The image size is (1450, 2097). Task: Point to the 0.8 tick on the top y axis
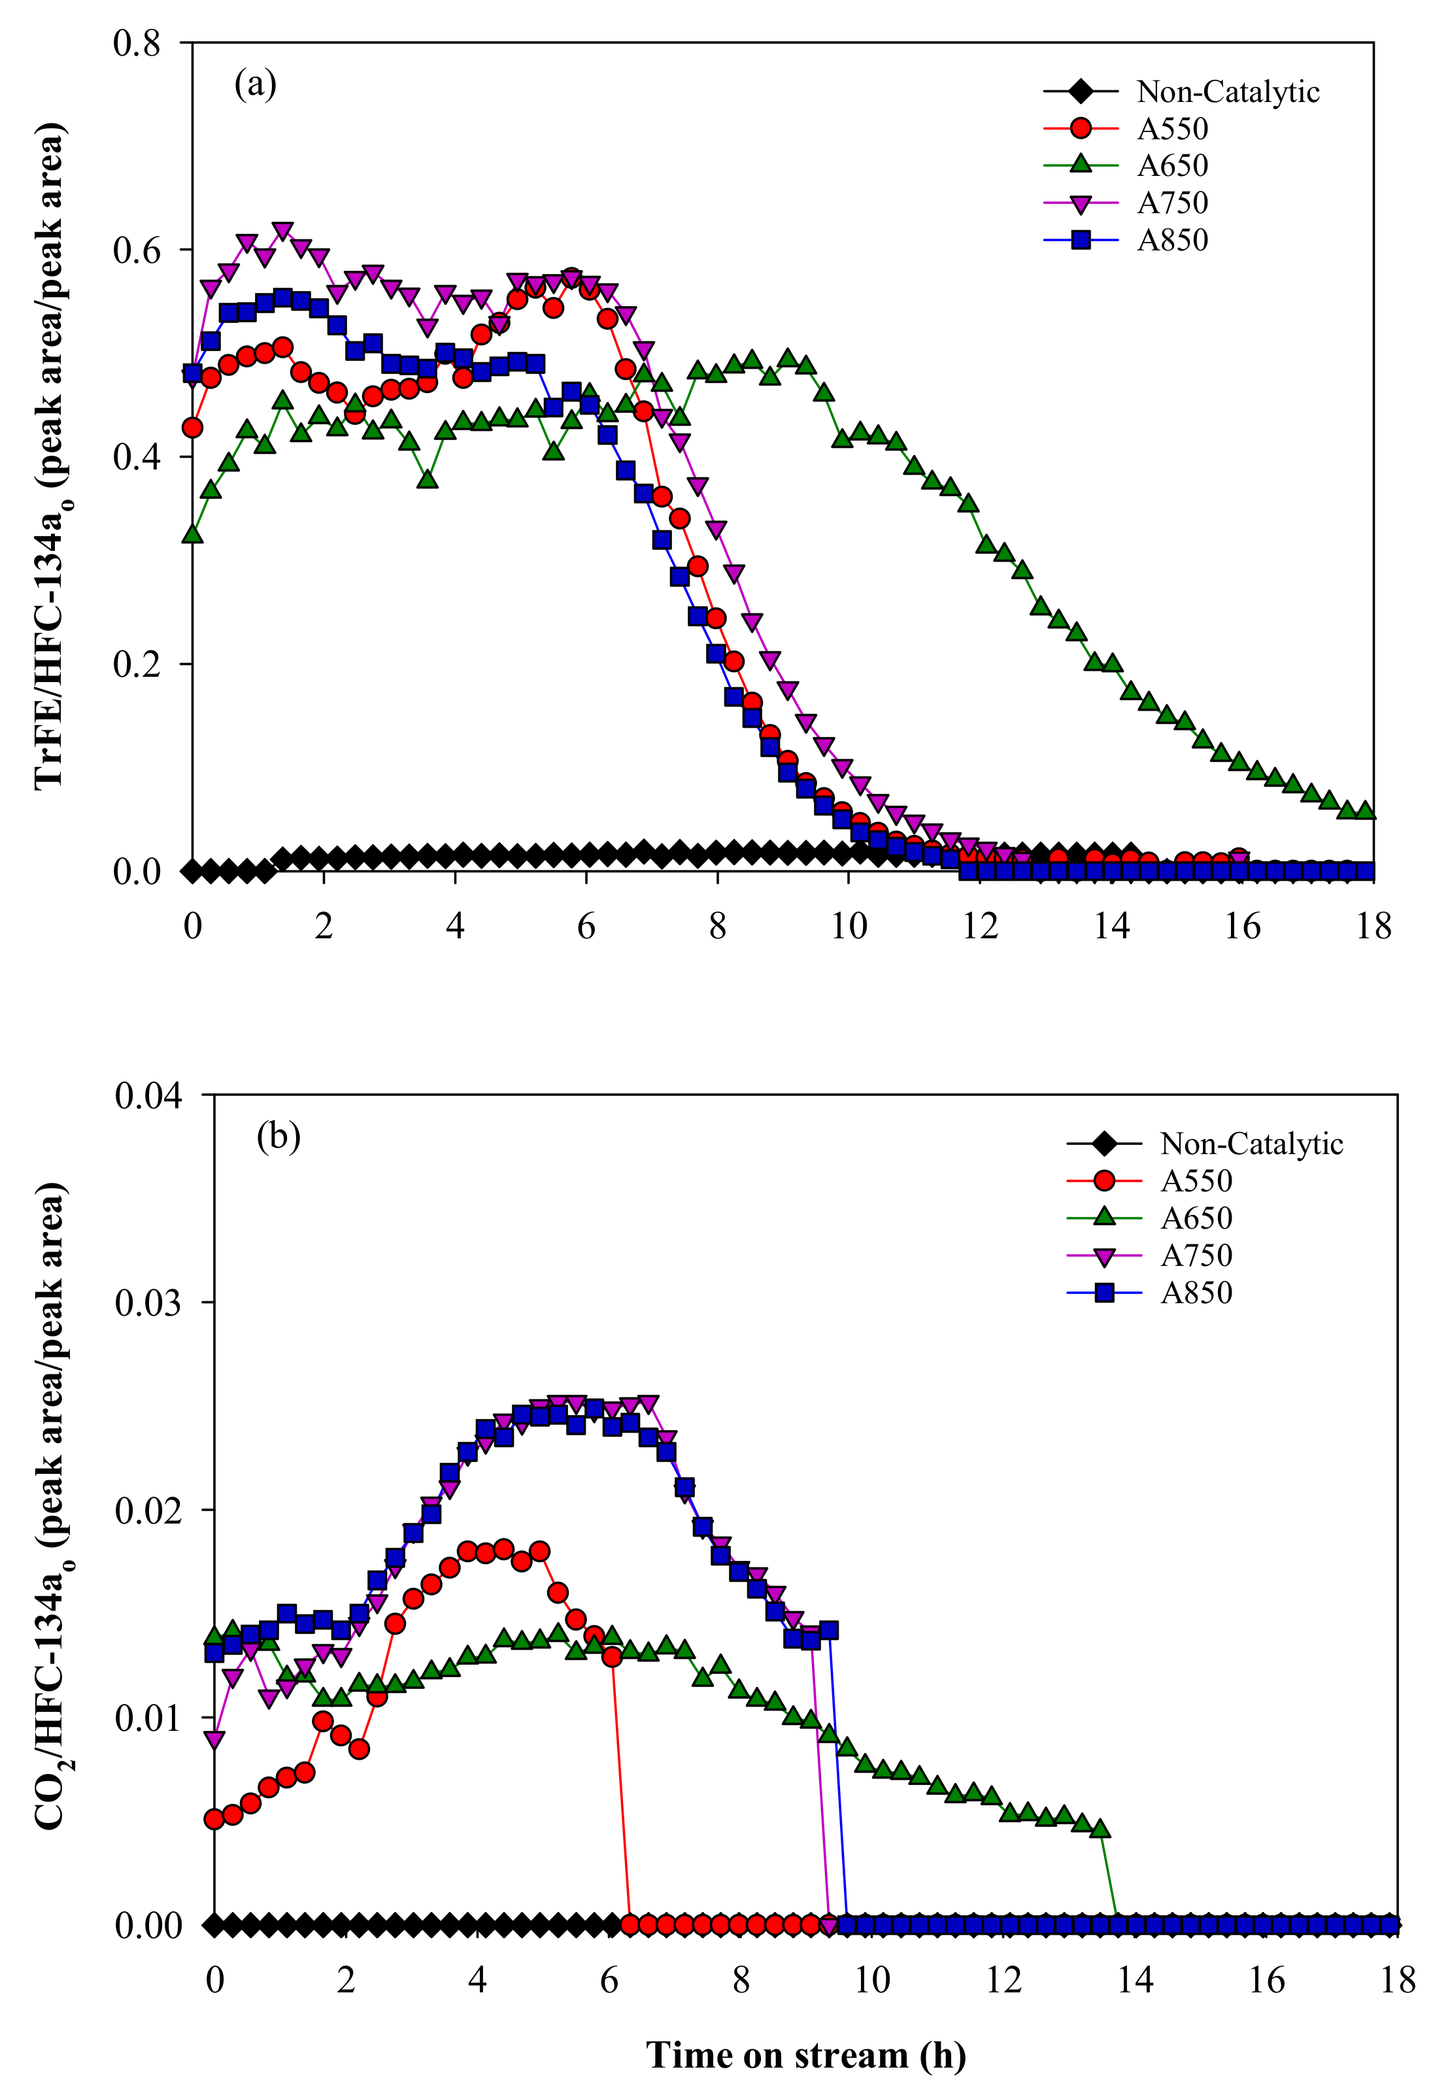pos(136,43)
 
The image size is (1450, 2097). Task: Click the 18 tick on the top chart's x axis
pos(1373,927)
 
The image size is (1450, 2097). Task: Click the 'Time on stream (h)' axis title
pos(805,2054)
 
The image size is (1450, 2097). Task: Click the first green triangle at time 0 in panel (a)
pos(193,534)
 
